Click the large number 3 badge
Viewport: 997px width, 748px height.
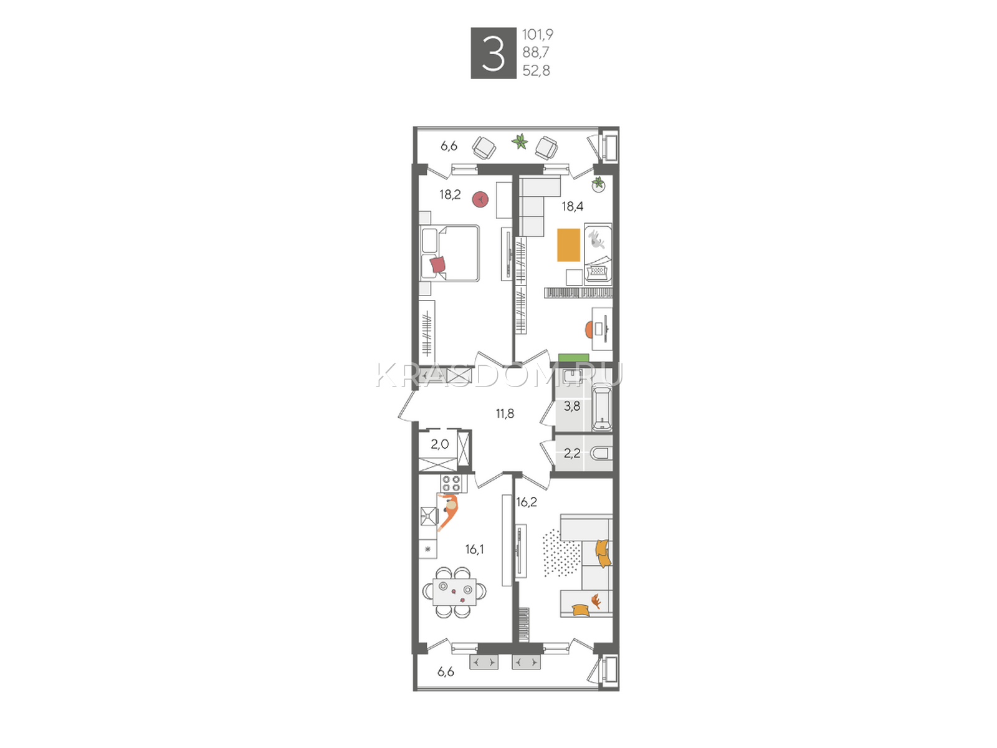point(494,53)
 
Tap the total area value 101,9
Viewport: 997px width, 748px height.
point(538,34)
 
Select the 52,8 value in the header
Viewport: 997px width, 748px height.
point(537,70)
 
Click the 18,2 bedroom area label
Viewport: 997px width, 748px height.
point(450,195)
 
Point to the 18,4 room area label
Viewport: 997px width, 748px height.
point(572,207)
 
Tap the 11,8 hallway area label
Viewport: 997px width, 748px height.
point(505,414)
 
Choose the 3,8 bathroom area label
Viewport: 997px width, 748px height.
point(572,406)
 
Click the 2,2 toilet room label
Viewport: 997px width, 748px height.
point(572,453)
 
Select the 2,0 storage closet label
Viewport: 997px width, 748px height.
point(440,444)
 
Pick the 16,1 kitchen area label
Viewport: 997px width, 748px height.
point(474,550)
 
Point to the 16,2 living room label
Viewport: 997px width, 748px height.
point(527,502)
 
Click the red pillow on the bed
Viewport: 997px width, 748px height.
point(438,264)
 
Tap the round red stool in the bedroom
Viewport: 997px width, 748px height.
point(480,199)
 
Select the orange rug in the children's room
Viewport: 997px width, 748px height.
point(569,245)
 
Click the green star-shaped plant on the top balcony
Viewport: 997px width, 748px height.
point(520,141)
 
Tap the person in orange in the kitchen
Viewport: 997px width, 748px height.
point(449,512)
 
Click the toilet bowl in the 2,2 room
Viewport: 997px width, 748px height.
point(601,454)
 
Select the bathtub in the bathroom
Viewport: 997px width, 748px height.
point(603,408)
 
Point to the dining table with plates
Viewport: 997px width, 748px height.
point(454,592)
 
